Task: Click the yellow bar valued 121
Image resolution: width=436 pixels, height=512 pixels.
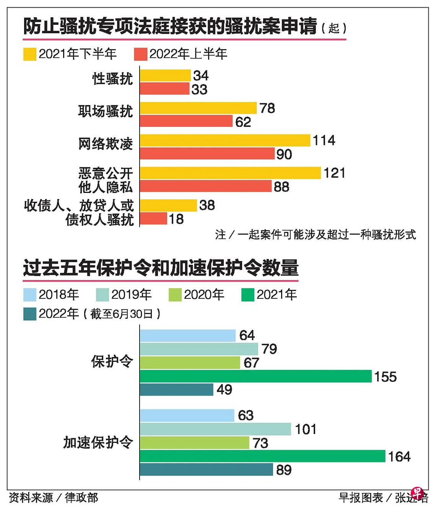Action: pos(230,173)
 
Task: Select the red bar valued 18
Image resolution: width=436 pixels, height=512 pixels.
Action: pos(153,219)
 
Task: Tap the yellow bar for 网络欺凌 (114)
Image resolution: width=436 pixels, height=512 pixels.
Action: pos(225,140)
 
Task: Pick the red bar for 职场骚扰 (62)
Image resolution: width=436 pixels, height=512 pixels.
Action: pos(186,121)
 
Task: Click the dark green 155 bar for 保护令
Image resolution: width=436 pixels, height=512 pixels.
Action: pos(255,376)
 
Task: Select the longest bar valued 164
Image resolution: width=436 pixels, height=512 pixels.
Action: pos(262,456)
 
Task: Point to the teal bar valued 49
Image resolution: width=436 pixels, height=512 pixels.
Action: pos(176,389)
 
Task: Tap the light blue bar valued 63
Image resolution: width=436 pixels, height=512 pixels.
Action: pos(187,415)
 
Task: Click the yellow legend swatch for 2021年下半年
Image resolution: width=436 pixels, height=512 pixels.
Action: pos(30,54)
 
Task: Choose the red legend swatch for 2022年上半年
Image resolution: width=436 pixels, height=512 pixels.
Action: pos(141,54)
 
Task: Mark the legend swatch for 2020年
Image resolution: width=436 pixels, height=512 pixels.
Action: pos(175,295)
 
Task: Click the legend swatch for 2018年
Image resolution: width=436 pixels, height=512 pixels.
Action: pos(30,295)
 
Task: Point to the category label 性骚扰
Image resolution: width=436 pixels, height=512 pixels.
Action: pos(112,79)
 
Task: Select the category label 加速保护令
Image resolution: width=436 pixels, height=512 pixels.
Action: pos(98,442)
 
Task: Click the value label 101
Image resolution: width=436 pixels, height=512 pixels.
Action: pos(306,429)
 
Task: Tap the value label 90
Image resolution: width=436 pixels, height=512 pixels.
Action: pos(284,154)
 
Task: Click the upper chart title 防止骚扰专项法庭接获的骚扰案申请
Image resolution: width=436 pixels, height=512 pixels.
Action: pos(170,26)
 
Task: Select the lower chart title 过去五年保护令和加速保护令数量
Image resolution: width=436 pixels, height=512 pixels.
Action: pos(161,268)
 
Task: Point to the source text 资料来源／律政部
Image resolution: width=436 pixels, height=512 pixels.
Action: pos(53,497)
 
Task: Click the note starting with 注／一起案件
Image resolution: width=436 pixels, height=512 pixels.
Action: pos(315,234)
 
